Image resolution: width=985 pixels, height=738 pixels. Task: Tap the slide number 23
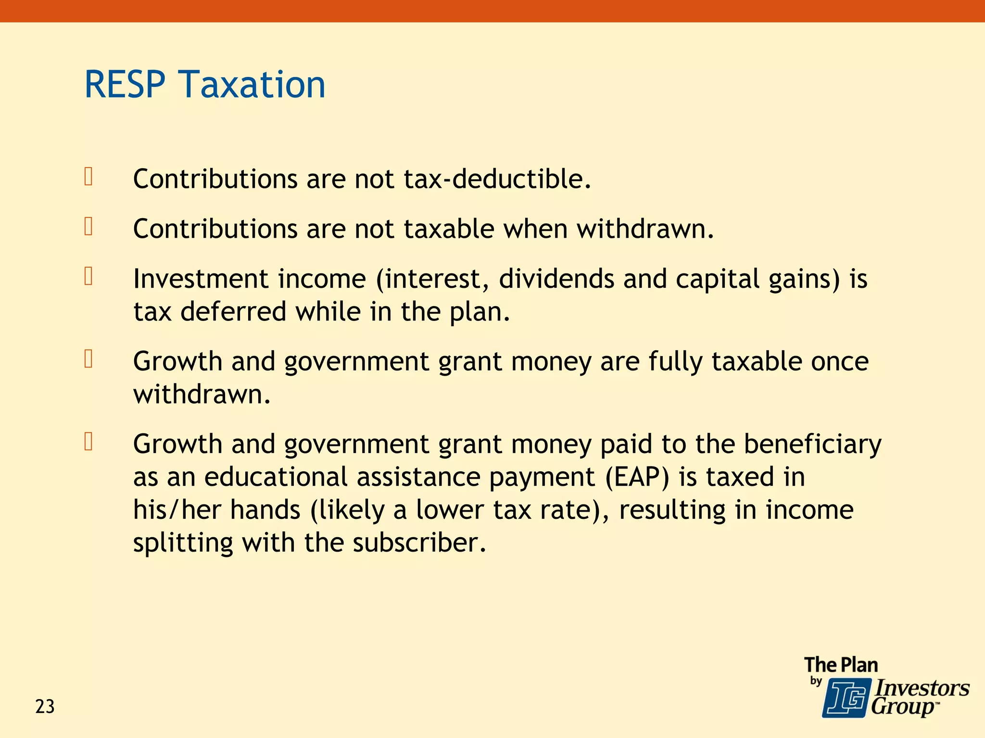(45, 707)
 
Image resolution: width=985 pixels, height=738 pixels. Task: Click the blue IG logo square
(846, 698)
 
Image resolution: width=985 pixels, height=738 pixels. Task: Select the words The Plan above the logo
(841, 665)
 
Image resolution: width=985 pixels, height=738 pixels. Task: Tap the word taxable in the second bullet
(449, 229)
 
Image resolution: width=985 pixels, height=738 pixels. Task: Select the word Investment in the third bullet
(200, 279)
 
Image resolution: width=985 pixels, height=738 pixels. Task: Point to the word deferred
(233, 312)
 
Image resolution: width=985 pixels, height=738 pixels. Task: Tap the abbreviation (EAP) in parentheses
(637, 477)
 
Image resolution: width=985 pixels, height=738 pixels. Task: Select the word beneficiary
(812, 444)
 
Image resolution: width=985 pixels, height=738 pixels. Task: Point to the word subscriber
(419, 543)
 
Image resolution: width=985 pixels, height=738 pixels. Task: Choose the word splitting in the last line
(183, 543)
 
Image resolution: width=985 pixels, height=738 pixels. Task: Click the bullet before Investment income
(88, 276)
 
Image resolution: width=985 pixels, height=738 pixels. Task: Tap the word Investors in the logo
(922, 688)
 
